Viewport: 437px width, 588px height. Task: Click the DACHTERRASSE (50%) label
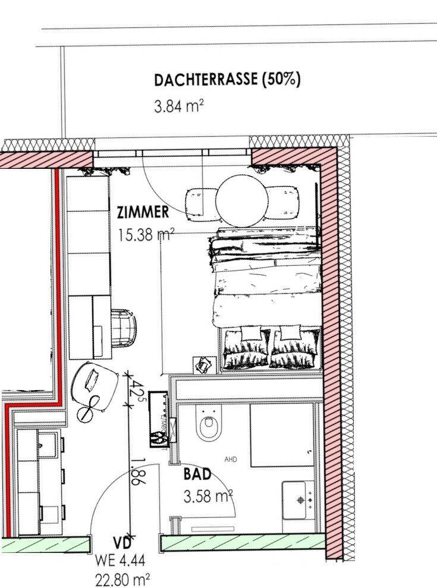(227, 80)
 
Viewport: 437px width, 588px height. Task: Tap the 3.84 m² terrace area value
(178, 106)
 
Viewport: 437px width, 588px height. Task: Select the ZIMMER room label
(143, 212)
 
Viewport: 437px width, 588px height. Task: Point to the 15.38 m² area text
(146, 235)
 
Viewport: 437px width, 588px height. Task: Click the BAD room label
(197, 474)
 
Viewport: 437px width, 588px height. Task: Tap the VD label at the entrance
(122, 543)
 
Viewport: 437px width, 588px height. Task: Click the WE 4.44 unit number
(120, 561)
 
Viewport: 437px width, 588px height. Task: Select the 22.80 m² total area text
(122, 580)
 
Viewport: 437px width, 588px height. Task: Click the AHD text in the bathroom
(231, 460)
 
